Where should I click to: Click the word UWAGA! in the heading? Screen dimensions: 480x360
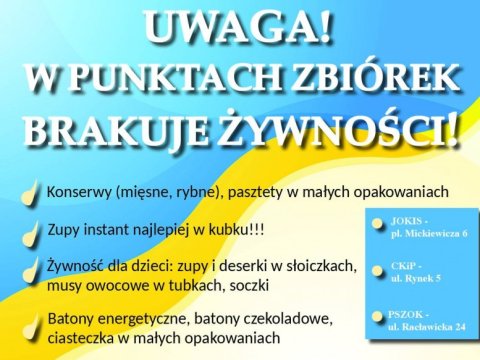tap(239, 27)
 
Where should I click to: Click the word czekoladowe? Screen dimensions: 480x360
tap(289, 319)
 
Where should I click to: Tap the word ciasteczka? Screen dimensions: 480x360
tap(80, 338)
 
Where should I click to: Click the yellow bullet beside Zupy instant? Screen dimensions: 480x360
tap(31, 234)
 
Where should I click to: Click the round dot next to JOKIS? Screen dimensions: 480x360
tap(377, 224)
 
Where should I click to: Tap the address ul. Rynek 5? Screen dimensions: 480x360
tap(416, 278)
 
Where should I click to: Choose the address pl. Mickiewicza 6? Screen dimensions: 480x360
tap(429, 234)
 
